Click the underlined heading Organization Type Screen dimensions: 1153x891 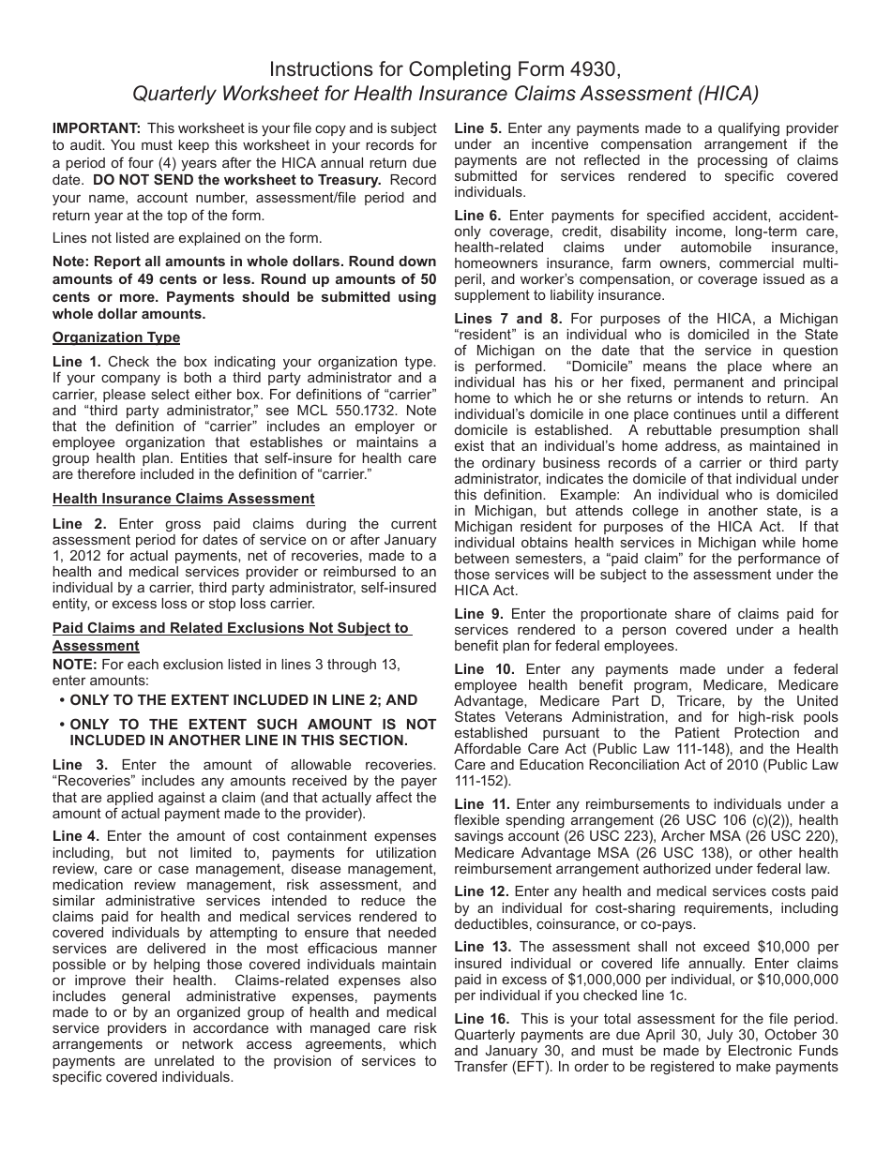point(116,337)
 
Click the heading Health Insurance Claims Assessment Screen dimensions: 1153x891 point(184,499)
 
